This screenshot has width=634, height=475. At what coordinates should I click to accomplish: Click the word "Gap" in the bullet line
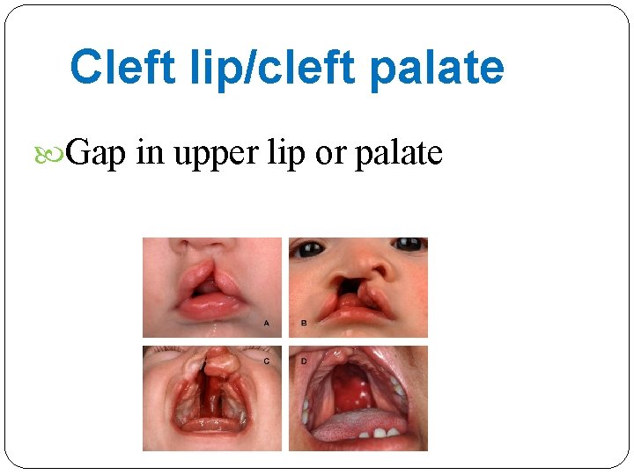click(x=97, y=154)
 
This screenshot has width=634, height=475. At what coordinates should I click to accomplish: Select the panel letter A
click(x=267, y=324)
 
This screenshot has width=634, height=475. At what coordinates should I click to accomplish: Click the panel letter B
click(x=304, y=324)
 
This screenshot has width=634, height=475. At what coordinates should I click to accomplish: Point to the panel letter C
click(x=267, y=361)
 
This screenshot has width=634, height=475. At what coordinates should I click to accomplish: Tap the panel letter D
click(x=304, y=361)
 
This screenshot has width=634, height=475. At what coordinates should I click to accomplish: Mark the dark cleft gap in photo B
click(x=345, y=283)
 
